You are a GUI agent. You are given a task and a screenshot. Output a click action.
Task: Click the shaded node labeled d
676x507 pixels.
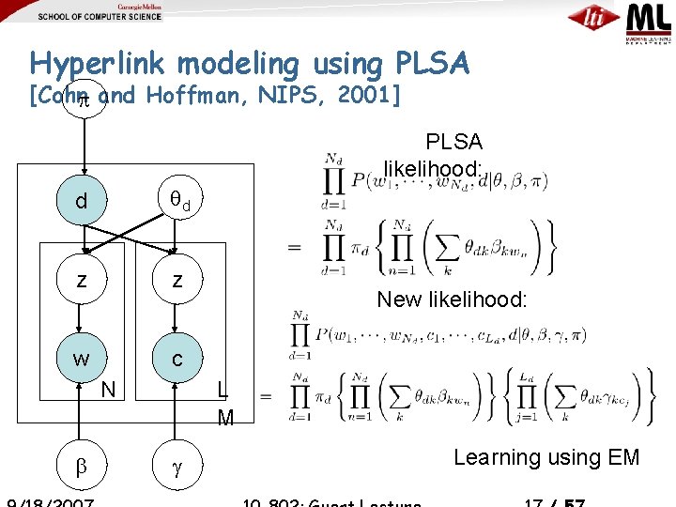(x=84, y=202)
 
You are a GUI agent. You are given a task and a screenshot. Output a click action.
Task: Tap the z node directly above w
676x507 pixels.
(x=84, y=280)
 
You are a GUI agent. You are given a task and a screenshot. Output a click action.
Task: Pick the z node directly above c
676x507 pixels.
(x=177, y=280)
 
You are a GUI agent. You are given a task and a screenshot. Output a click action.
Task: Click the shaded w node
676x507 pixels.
(x=84, y=359)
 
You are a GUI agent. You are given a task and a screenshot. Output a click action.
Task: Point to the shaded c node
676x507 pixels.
(x=177, y=359)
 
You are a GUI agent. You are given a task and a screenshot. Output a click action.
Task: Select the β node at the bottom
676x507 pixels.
(x=82, y=465)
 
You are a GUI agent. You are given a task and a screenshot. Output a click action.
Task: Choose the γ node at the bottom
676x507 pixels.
(x=177, y=465)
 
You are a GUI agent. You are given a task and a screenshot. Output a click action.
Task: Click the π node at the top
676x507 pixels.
(x=83, y=97)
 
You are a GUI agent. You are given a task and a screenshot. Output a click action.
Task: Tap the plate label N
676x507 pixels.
(x=109, y=388)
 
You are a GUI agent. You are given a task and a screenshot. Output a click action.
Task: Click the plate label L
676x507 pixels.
(x=221, y=388)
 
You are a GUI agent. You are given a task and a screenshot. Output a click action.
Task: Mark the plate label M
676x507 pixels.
(x=225, y=418)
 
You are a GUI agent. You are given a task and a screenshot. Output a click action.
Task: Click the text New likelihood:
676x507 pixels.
(x=452, y=300)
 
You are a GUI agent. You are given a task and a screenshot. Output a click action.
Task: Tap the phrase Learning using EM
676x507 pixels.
(x=546, y=457)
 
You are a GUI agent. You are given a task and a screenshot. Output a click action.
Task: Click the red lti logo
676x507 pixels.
(x=593, y=18)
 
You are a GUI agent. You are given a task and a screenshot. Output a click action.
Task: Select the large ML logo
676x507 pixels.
(x=649, y=18)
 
